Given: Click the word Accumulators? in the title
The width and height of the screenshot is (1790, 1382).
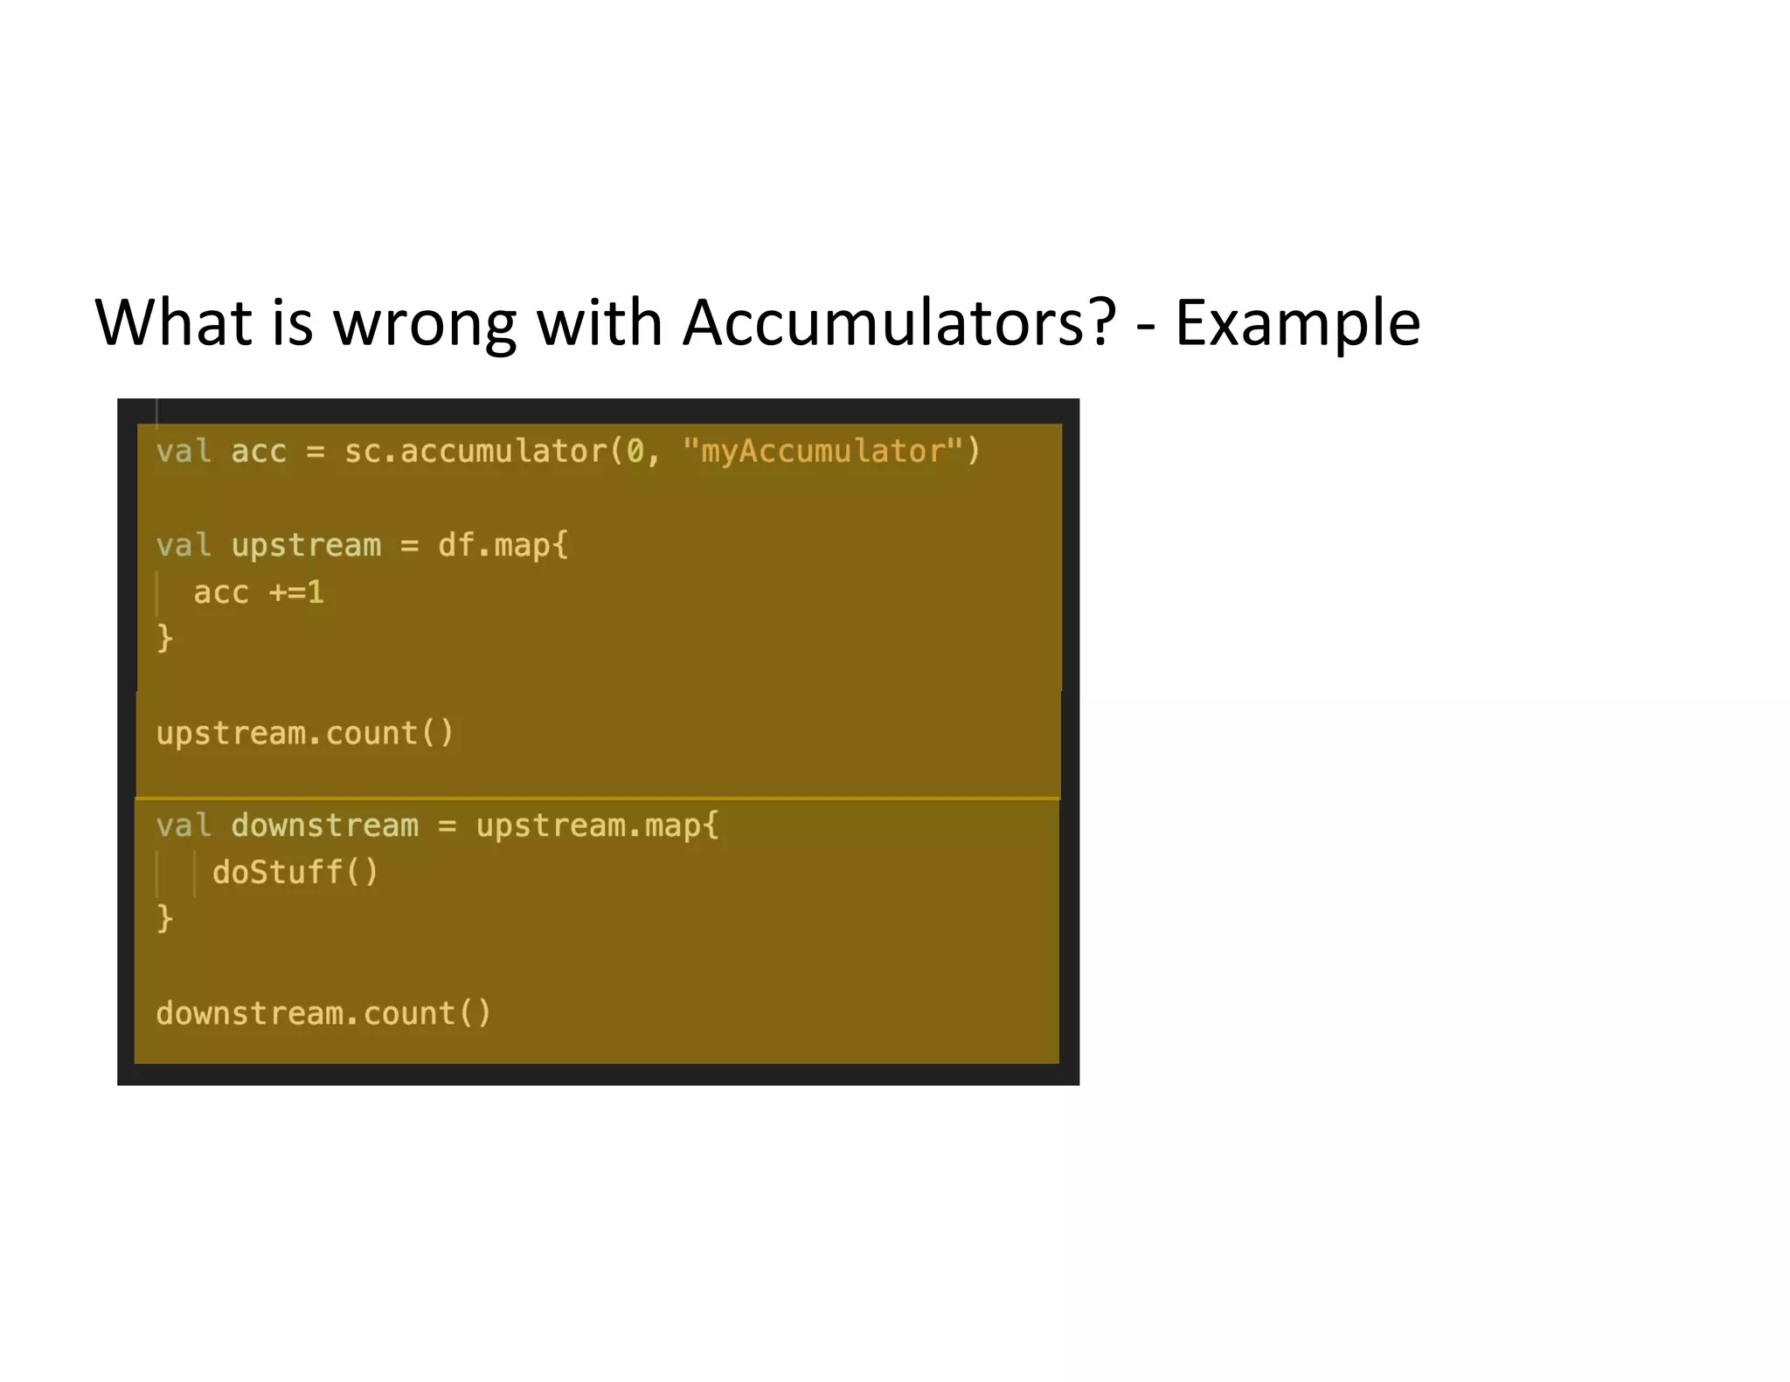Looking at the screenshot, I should (x=898, y=323).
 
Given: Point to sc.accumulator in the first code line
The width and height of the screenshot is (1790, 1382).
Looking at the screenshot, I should (x=475, y=451).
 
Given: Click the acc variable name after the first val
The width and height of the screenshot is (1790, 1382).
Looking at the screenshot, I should (x=259, y=452).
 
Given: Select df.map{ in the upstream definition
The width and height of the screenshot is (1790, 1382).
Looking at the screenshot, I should (x=503, y=545).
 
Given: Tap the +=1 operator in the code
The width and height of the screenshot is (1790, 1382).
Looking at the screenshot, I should (x=296, y=592).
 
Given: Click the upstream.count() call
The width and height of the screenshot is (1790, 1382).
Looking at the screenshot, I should (x=305, y=733).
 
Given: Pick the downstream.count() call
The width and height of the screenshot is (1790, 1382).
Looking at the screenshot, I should (x=323, y=1013).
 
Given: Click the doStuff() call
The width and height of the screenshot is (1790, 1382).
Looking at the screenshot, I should (x=295, y=872).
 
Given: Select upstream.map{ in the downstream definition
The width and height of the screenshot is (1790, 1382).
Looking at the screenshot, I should (x=597, y=826).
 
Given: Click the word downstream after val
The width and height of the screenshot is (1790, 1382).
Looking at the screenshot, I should (x=324, y=826).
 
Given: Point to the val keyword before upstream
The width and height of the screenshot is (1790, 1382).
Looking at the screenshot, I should (x=184, y=545).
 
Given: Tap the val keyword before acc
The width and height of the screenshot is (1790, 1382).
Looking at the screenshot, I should (x=184, y=452).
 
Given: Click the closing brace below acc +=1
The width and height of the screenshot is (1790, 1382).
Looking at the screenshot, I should (x=164, y=638).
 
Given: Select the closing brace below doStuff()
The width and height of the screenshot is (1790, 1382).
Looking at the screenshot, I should (x=164, y=918).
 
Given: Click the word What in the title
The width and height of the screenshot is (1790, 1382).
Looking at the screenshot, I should (x=173, y=323).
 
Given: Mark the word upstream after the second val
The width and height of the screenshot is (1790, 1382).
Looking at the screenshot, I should (x=306, y=545).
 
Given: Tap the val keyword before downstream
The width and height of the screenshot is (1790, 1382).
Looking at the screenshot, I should (x=184, y=826).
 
